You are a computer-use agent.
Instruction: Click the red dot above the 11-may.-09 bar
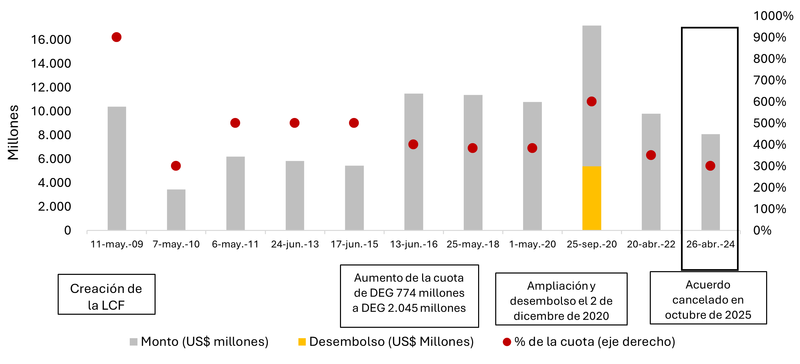click(x=116, y=37)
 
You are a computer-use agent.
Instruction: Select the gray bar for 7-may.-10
click(x=176, y=209)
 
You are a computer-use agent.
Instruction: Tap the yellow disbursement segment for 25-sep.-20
click(x=591, y=198)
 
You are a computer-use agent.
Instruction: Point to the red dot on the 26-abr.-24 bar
click(x=710, y=166)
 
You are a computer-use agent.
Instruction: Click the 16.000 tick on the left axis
click(x=51, y=40)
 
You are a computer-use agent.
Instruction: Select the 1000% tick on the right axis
click(x=773, y=16)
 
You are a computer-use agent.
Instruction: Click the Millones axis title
click(x=13, y=132)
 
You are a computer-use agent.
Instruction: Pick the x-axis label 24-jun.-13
click(x=295, y=244)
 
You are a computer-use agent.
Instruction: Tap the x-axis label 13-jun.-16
click(x=414, y=244)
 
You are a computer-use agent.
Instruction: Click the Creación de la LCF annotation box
click(x=106, y=294)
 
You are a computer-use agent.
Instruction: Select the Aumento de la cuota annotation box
click(x=409, y=296)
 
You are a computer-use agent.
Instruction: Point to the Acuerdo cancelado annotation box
click(x=708, y=298)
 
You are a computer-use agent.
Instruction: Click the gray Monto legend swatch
click(x=133, y=342)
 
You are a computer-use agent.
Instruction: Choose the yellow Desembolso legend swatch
click(x=302, y=342)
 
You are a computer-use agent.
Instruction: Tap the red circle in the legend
click(x=507, y=342)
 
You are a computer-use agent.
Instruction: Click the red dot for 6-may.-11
click(x=235, y=123)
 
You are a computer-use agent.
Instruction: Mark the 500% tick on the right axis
click(x=769, y=123)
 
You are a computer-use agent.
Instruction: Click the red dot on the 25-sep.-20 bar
click(x=591, y=102)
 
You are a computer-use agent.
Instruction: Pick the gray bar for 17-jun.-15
click(x=354, y=198)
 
